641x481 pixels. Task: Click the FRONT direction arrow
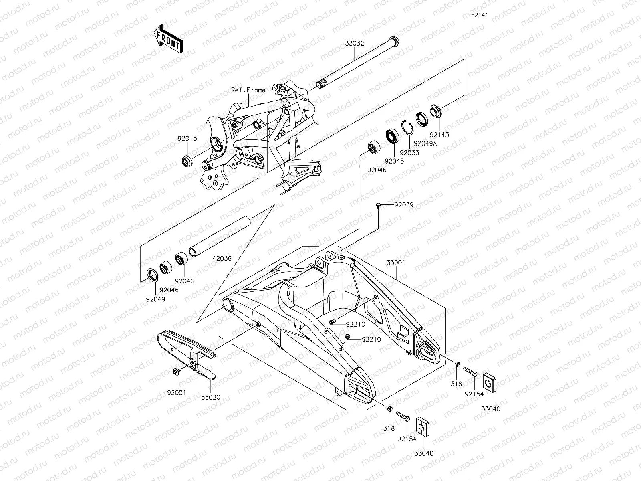coord(167,38)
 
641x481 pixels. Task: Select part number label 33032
coord(355,44)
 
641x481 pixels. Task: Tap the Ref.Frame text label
coord(248,90)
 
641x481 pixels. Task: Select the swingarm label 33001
coord(396,263)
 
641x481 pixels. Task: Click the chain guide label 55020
coord(211,397)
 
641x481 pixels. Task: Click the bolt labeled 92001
coord(176,372)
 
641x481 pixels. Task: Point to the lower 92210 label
coord(371,340)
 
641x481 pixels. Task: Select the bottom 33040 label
coord(423,453)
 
